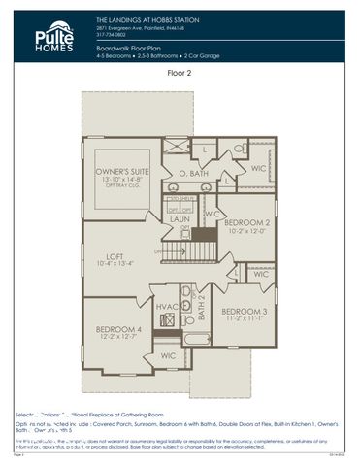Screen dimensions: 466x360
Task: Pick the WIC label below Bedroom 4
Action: (x=167, y=356)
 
